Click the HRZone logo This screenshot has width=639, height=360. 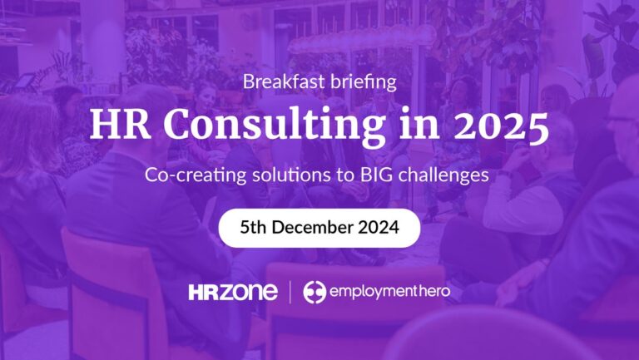234,292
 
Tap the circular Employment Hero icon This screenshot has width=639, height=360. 314,292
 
